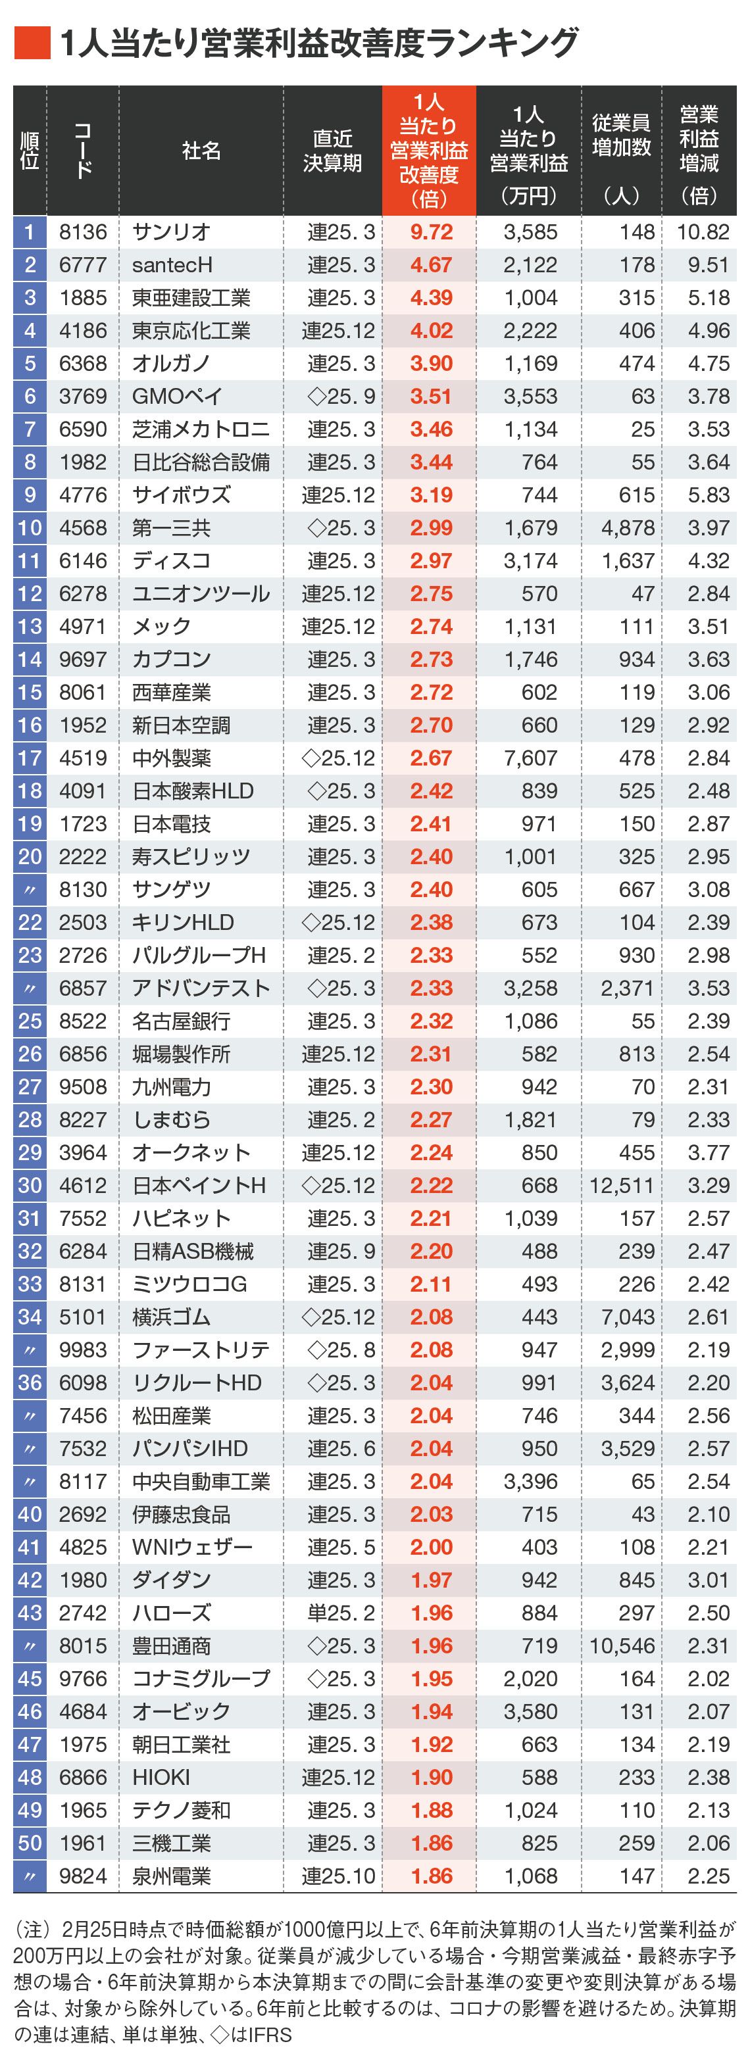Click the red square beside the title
(x=32, y=43)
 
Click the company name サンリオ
(x=171, y=232)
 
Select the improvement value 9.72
(x=431, y=232)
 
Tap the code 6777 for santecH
(x=83, y=265)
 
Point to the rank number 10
(x=30, y=528)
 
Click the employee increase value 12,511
(x=622, y=1186)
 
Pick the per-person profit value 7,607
(x=530, y=758)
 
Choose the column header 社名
(x=201, y=151)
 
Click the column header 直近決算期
(x=332, y=151)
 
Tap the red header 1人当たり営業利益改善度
(x=428, y=151)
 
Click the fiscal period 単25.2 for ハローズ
(x=341, y=1613)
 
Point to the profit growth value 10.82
(x=703, y=232)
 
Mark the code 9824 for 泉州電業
(x=83, y=1876)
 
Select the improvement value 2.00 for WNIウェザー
(x=431, y=1547)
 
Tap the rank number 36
(x=30, y=1383)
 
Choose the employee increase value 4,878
(x=628, y=528)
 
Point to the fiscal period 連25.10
(x=338, y=1876)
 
